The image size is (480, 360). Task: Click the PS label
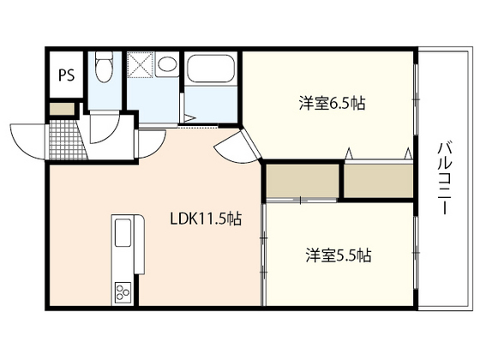(x=66, y=74)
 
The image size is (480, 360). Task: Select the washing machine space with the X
(x=139, y=65)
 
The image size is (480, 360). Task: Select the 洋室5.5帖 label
(x=339, y=255)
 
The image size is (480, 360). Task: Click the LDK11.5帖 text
(x=207, y=219)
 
